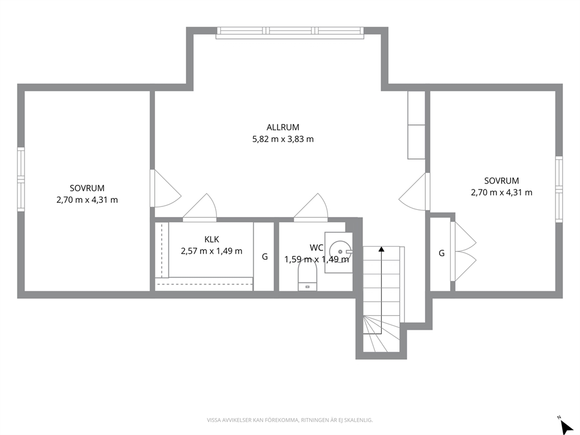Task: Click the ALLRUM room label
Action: tap(282, 127)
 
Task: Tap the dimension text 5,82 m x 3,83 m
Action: tap(282, 139)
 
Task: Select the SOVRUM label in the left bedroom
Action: tap(87, 188)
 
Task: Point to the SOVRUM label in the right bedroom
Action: tap(502, 181)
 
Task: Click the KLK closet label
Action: tap(212, 239)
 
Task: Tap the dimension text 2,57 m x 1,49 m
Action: tap(212, 251)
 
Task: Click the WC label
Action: tap(317, 247)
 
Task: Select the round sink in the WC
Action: tap(340, 252)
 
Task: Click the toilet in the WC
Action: tap(308, 276)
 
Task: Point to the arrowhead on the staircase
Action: tap(381, 249)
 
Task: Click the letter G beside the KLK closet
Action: tap(265, 256)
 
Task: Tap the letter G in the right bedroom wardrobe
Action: tap(441, 253)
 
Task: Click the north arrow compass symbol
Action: tap(565, 426)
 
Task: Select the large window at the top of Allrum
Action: tap(289, 33)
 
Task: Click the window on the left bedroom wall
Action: tap(21, 179)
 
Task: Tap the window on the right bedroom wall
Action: tap(559, 189)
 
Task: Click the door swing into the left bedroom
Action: tap(165, 188)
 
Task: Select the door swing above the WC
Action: tap(310, 208)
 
